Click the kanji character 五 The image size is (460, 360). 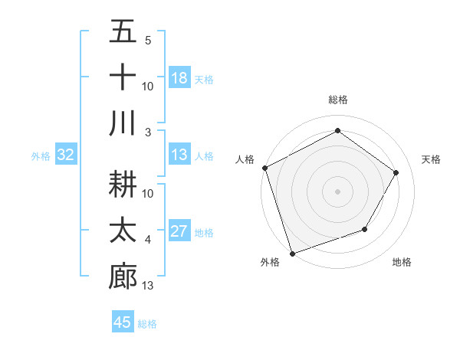123,32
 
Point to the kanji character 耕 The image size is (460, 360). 123,185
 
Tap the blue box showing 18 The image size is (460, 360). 179,77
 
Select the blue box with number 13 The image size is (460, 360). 179,155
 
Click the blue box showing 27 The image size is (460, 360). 179,231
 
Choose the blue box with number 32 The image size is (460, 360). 66,155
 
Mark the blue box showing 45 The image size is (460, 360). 123,322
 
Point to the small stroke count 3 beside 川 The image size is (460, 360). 147,132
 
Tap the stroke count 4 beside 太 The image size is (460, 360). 147,240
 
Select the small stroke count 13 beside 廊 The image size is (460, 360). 148,285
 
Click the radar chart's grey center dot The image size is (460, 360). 337,191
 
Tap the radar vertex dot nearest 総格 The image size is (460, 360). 337,131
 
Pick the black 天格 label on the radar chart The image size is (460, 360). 432,159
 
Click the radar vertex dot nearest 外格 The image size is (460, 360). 292,252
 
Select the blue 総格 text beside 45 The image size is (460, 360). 147,324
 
